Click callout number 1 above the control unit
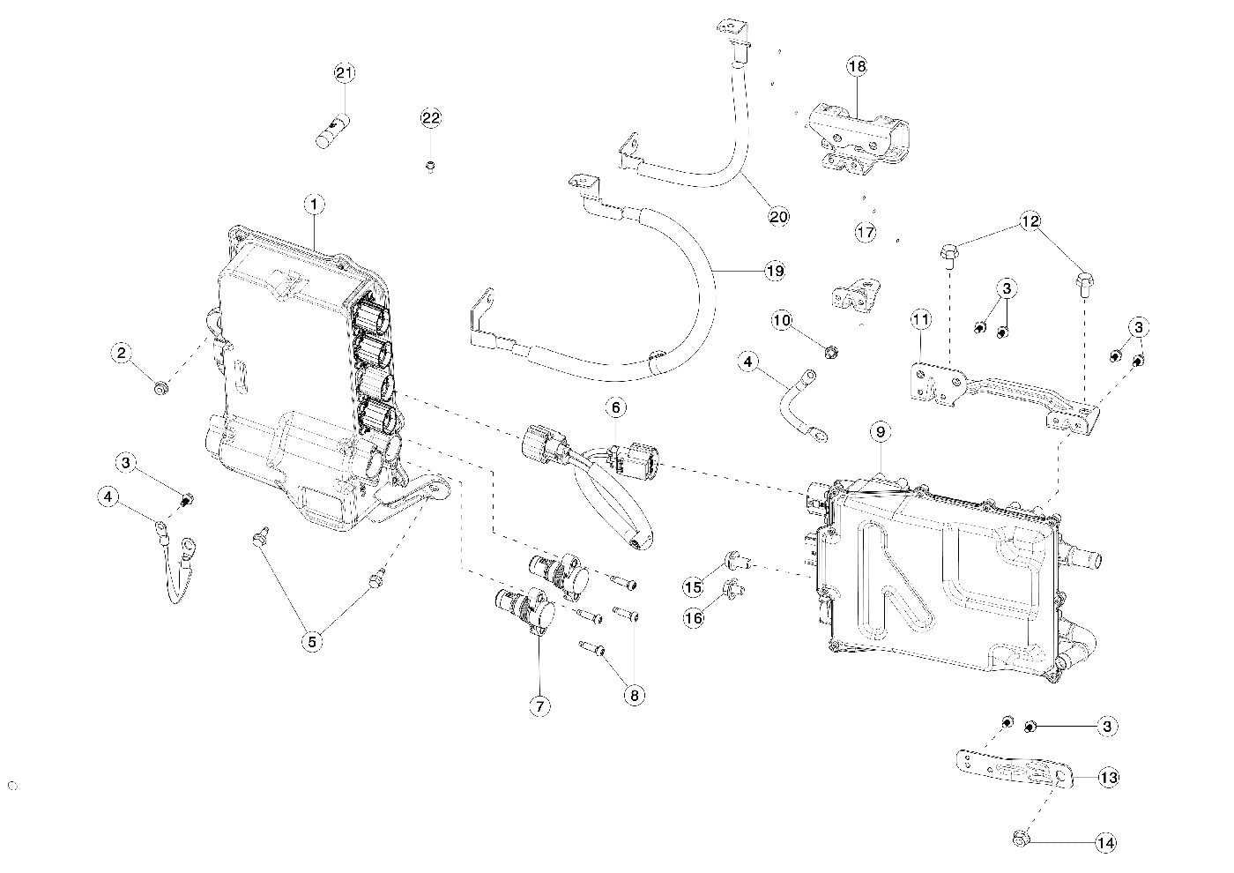[314, 205]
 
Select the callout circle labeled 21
[345, 72]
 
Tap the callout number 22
[431, 118]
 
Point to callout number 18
[857, 67]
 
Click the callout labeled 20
[778, 217]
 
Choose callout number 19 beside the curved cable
[775, 271]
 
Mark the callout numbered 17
[866, 232]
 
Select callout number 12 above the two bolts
[1030, 221]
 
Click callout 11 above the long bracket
[920, 319]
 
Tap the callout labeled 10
[782, 320]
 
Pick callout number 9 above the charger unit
[880, 431]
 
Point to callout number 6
[616, 407]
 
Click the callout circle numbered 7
[539, 706]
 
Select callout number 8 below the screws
[634, 696]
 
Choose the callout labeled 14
[1105, 843]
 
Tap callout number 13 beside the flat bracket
[1109, 777]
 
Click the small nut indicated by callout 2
[160, 389]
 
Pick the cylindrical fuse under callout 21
[333, 131]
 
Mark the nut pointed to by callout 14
[1021, 839]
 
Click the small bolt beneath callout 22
[431, 166]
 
